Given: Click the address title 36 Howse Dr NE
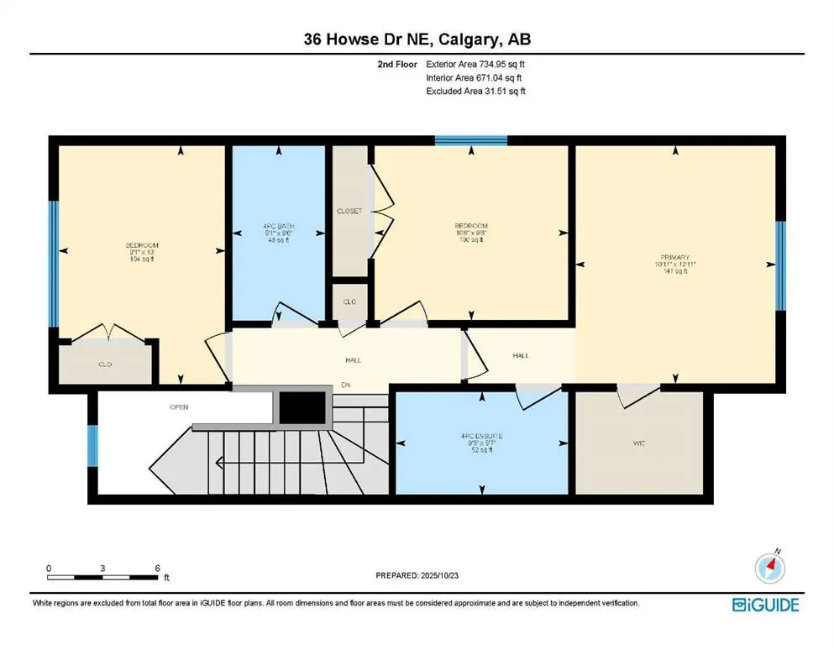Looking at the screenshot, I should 417,39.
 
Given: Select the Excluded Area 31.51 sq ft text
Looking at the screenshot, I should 475,92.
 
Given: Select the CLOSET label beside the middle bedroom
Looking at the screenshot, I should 349,211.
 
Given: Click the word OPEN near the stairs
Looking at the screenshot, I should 179,407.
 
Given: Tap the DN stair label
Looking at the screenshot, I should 345,386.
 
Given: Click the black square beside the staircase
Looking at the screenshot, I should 302,409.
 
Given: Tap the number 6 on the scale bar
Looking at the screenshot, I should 157,569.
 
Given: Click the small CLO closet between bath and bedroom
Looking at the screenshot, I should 349,301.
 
